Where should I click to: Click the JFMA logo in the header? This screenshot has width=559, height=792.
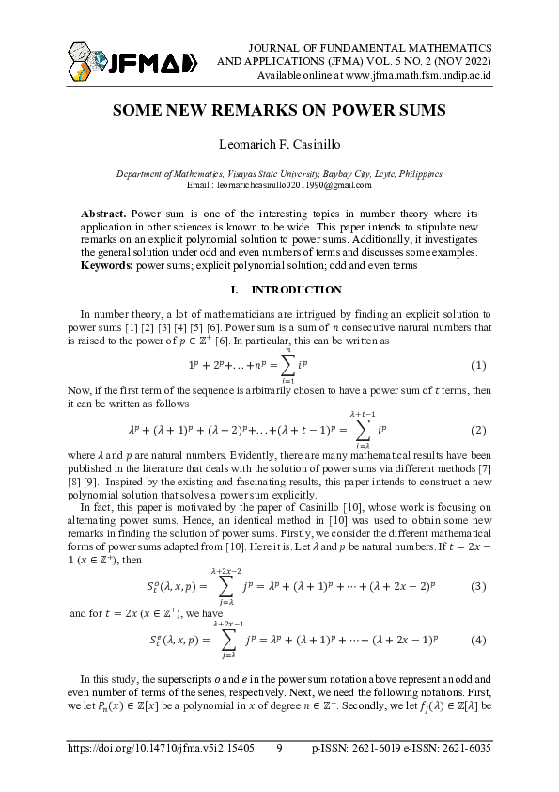132,62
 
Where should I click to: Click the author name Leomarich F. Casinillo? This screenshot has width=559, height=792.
279,145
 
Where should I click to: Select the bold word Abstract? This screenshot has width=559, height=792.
102,214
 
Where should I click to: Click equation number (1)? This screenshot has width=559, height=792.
477,365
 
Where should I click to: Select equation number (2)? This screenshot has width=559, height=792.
477,430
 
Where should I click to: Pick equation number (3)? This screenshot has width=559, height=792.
477,587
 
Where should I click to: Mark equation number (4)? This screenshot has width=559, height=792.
477,640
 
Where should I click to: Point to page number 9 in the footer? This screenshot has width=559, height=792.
279,749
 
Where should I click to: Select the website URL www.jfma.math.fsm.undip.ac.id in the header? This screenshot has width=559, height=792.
406,74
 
